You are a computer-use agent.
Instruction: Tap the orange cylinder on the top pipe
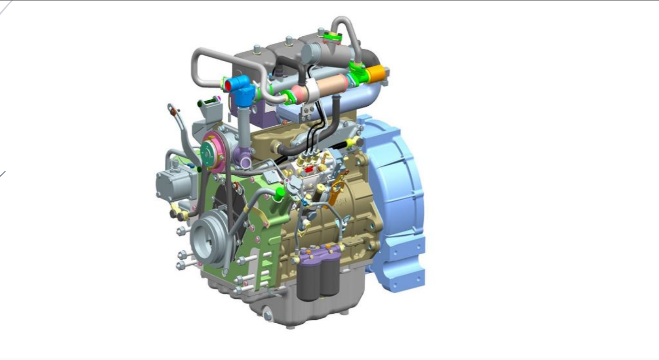[x=376, y=74]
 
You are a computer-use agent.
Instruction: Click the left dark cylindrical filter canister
[x=308, y=281]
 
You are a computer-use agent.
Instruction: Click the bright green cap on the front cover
[x=279, y=192]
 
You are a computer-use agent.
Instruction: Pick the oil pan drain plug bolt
[x=267, y=315]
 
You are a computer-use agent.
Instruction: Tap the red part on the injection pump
[x=309, y=169]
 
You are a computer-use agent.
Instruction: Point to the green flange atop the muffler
[x=331, y=34]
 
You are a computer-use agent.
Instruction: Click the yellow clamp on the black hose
[x=352, y=143]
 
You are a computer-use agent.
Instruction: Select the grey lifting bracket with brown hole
[x=173, y=110]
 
